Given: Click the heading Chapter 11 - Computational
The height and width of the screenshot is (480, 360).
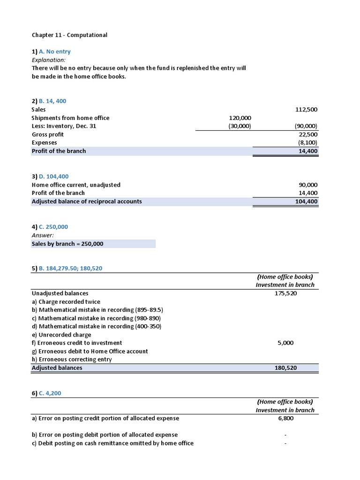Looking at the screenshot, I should tap(69, 35).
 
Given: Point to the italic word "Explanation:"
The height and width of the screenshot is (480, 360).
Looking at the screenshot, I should tap(49, 60).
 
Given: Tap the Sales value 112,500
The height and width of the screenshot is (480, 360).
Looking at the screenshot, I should tap(306, 109).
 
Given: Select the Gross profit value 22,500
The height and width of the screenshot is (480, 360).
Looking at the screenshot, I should tap(308, 135).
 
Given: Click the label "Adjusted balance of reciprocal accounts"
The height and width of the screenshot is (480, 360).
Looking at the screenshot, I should tap(87, 202).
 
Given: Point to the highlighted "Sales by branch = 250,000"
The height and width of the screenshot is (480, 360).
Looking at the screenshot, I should tap(67, 244).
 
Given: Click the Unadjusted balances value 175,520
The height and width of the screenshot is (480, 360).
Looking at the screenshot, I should tap(285, 293).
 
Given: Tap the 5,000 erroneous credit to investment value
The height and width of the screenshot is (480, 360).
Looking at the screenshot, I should tap(285, 343).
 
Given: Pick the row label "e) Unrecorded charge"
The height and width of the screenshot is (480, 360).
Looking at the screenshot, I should tap(61, 335).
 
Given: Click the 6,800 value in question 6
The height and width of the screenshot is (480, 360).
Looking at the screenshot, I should tap(285, 418).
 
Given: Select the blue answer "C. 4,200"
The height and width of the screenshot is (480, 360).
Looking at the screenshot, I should tap(53, 393).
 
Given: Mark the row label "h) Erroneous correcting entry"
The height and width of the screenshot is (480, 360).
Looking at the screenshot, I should tap(72, 360).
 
